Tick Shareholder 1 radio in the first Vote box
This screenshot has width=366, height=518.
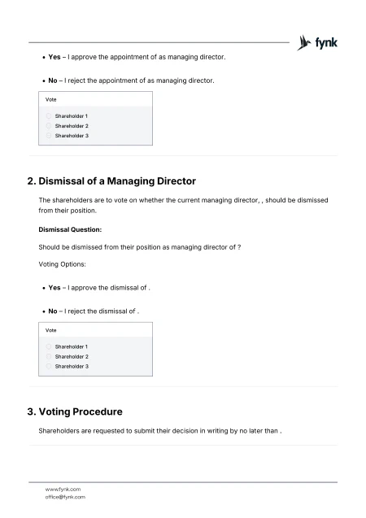click(49, 116)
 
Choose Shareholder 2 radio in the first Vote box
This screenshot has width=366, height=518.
click(49, 126)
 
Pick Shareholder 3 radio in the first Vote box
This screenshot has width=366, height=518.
click(49, 136)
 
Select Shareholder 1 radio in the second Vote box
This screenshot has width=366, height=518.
click(49, 346)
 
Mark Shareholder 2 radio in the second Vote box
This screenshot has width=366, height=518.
click(49, 356)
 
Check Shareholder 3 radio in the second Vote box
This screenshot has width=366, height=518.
click(49, 366)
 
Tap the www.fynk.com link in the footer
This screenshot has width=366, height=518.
click(63, 489)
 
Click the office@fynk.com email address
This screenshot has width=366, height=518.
click(65, 496)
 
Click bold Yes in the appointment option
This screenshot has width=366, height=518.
click(54, 58)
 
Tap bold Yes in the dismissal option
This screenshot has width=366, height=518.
click(54, 288)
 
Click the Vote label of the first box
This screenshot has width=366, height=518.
click(50, 99)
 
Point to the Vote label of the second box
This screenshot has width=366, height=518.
click(50, 330)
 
